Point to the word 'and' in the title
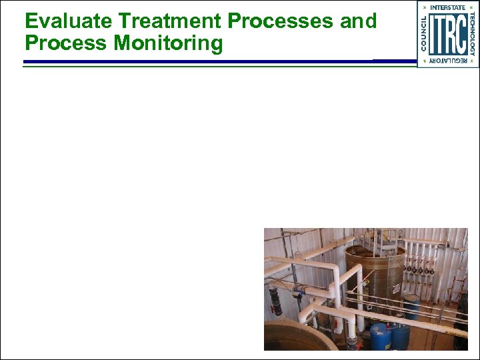click(x=358, y=21)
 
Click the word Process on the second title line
click(x=66, y=44)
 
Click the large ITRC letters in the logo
click(x=447, y=35)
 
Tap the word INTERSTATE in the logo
click(x=447, y=7)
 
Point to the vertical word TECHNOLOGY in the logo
click(x=471, y=35)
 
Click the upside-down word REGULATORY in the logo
click(x=447, y=61)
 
